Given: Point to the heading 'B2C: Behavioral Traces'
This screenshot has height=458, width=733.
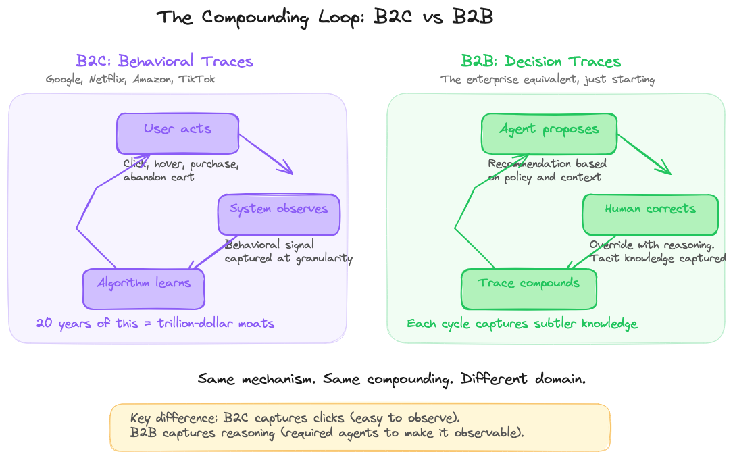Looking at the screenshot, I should tap(165, 61).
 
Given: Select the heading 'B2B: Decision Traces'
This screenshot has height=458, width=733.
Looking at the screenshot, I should tap(540, 61).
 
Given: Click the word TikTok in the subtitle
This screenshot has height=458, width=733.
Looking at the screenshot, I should tap(197, 80).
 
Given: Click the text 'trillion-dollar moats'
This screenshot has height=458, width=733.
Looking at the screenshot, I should tap(216, 324).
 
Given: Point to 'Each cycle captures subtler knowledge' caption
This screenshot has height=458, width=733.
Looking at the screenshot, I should tap(522, 324).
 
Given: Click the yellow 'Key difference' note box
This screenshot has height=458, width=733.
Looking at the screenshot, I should tap(359, 427).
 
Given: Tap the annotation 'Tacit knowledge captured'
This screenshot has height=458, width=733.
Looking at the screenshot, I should tap(658, 258).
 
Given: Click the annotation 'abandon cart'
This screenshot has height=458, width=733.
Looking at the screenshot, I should tap(159, 177).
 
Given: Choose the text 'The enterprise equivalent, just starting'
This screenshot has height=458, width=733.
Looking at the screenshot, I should tap(547, 80).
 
